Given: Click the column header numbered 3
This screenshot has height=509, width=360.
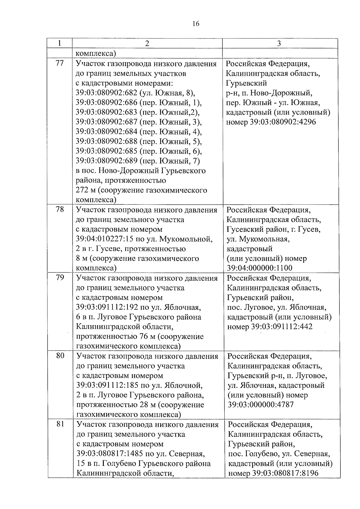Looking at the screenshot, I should click(x=279, y=43).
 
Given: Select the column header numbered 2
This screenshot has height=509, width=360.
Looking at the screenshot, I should click(x=147, y=43).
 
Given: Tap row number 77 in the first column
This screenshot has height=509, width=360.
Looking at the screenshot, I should click(x=60, y=63).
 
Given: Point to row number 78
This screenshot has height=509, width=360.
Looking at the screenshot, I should click(x=60, y=209).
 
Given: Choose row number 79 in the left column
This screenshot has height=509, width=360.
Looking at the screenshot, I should click(x=60, y=277).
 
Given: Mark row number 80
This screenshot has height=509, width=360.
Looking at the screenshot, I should click(x=60, y=356).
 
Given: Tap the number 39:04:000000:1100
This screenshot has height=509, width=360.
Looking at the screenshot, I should click(x=259, y=268).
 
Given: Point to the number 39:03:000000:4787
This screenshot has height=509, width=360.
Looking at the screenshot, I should click(x=261, y=405).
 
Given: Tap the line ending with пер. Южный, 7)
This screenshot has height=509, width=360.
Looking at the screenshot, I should click(x=138, y=161).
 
